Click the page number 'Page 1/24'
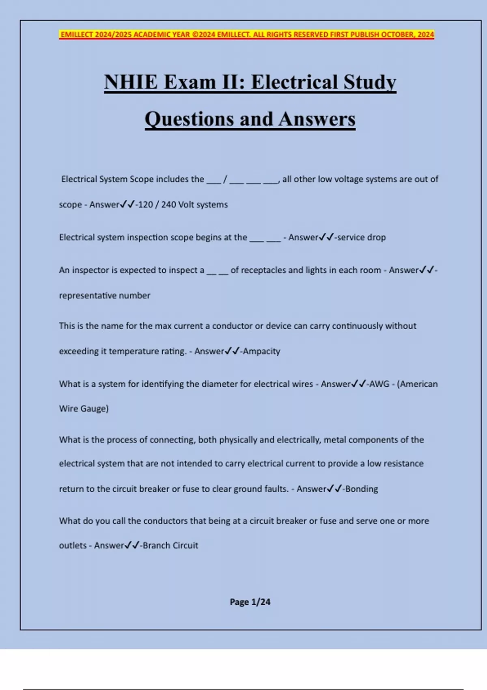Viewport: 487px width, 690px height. click(x=250, y=602)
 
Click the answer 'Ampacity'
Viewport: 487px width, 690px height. click(x=261, y=351)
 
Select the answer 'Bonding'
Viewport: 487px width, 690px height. click(x=362, y=489)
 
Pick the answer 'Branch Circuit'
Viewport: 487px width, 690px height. click(x=170, y=546)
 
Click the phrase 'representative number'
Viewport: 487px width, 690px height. click(x=105, y=295)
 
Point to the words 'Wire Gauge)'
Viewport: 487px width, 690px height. click(x=84, y=409)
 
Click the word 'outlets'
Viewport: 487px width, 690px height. click(x=73, y=546)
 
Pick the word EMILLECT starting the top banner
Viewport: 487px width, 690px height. click(x=76, y=34)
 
